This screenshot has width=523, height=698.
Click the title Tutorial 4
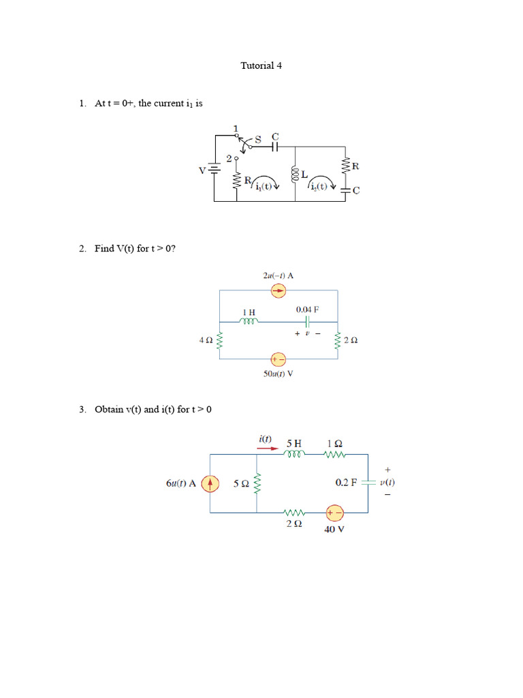click(x=261, y=66)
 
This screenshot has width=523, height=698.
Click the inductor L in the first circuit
click(x=296, y=174)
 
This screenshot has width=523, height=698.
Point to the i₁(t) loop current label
click(x=263, y=187)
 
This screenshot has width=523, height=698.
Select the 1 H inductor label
click(x=249, y=312)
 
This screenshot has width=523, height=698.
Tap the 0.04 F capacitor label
click(x=307, y=309)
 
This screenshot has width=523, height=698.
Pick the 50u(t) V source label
click(x=278, y=374)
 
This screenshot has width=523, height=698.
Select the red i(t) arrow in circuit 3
click(x=264, y=449)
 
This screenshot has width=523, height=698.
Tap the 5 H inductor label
click(x=294, y=442)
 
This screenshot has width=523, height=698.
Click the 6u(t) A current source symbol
click(x=210, y=483)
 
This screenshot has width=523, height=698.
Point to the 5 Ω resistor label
click(x=240, y=483)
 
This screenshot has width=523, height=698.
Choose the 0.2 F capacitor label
click(x=346, y=482)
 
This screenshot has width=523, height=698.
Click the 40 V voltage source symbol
click(x=334, y=513)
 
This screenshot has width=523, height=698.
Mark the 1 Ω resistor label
click(x=334, y=442)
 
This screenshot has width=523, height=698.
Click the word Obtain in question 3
click(x=109, y=410)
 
